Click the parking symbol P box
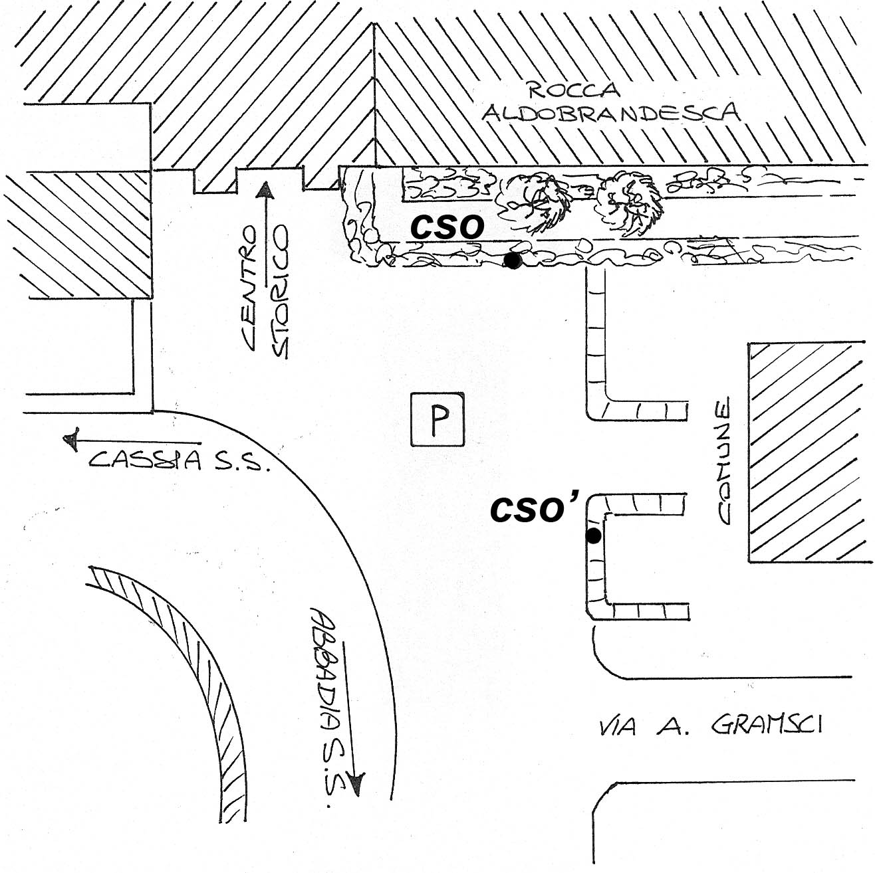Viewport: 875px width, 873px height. (437, 419)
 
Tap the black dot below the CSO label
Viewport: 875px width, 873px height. (513, 260)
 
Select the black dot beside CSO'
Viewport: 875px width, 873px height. (593, 536)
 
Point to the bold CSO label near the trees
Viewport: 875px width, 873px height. (447, 227)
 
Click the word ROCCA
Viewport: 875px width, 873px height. (575, 91)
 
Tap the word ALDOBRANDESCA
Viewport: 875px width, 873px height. (611, 112)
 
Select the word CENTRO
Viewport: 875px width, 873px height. (249, 288)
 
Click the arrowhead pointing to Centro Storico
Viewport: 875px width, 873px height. (264, 190)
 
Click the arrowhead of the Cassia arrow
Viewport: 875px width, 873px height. (71, 439)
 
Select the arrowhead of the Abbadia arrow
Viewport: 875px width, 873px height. (357, 785)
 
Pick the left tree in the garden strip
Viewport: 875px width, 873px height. (533, 203)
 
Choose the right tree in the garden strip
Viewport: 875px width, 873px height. (630, 203)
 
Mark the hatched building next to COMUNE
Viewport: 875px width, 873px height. (811, 452)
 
